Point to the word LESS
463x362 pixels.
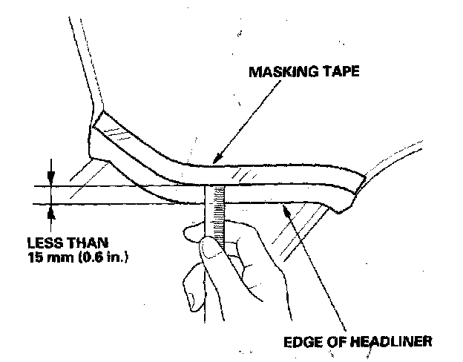click(x=42, y=243)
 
